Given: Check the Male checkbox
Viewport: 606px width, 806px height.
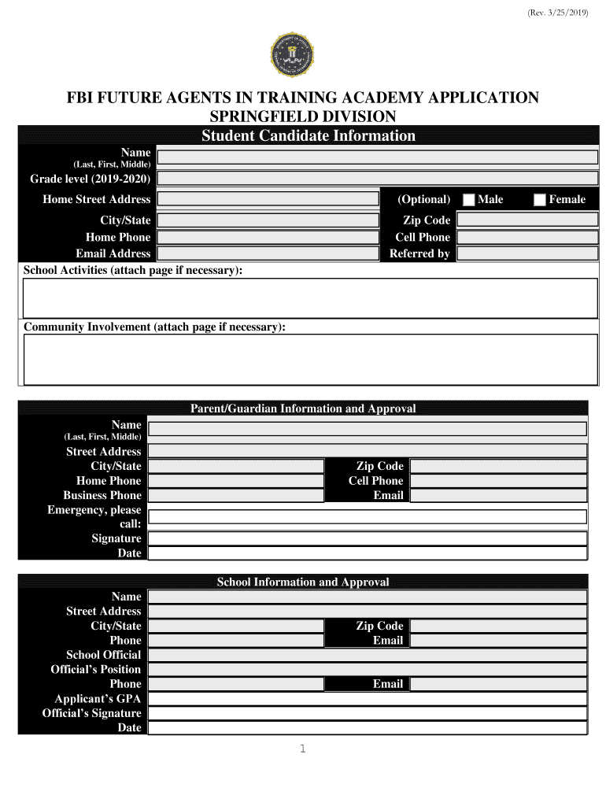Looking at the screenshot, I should (x=469, y=200).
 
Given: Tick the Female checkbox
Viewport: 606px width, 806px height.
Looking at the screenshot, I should (x=540, y=200).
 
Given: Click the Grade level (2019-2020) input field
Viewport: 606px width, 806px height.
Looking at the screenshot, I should (x=377, y=179).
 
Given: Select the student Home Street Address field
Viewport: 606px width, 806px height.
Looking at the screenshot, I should (x=268, y=199).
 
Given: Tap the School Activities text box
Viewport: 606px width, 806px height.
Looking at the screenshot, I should (x=310, y=298).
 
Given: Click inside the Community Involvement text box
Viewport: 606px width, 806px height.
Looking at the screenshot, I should (x=310, y=360).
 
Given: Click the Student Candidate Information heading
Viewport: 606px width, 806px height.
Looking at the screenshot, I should (x=309, y=136).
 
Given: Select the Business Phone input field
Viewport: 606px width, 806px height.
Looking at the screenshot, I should (x=236, y=496).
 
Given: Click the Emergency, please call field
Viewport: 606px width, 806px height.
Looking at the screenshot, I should (x=368, y=516).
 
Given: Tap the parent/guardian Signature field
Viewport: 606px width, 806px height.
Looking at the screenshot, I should (x=368, y=538).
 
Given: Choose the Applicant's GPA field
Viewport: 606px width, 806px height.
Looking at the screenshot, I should (x=368, y=699).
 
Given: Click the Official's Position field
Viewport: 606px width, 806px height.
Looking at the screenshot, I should (x=368, y=670).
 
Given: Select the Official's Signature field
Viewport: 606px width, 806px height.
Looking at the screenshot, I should (x=368, y=713).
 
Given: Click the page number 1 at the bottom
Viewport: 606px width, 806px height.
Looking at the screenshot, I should (x=302, y=749).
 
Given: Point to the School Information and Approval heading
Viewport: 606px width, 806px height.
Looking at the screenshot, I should (x=303, y=582).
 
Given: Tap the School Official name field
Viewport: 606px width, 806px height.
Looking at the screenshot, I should (x=368, y=655).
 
